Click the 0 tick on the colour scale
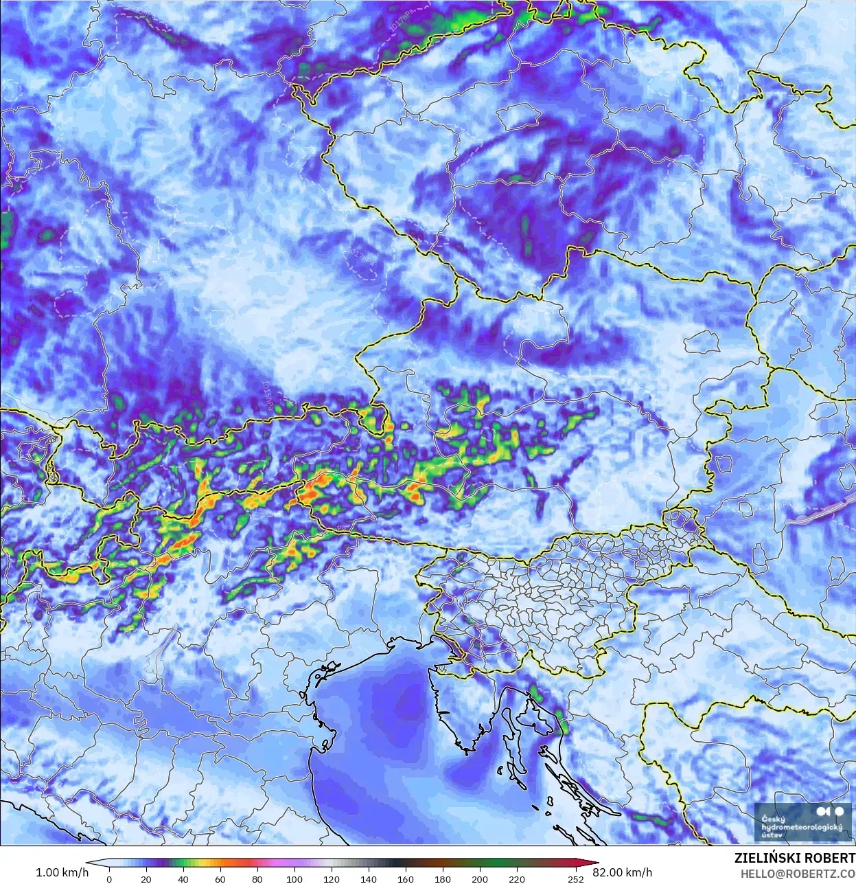(x=109, y=879)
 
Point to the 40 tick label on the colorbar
(x=183, y=879)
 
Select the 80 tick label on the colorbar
(x=257, y=879)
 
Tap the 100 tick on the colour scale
(x=294, y=879)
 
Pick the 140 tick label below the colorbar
(x=369, y=879)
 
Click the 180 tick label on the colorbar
(x=443, y=879)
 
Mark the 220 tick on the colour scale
(x=517, y=879)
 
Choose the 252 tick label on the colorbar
(x=576, y=879)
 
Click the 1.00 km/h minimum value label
(x=62, y=872)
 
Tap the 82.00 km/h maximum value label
(x=622, y=872)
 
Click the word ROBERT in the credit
(x=831, y=858)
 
